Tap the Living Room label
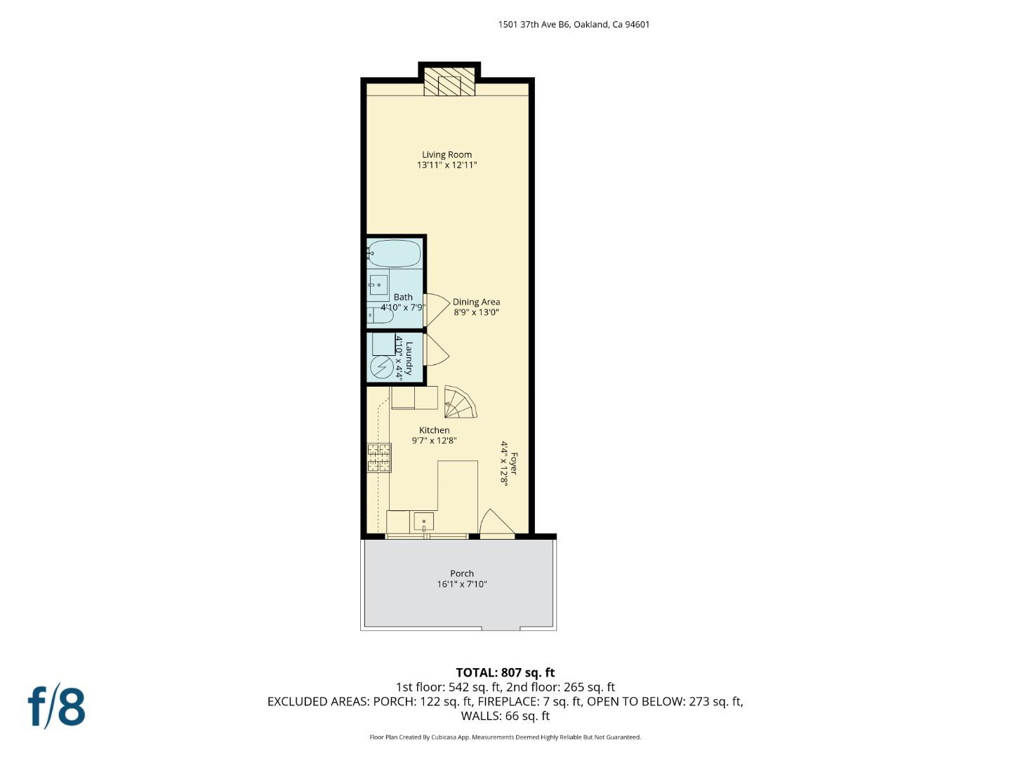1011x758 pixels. click(447, 155)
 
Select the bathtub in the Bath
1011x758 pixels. click(394, 253)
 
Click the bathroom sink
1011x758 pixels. click(378, 285)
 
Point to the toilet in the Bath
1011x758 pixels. click(379, 316)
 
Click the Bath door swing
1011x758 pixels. click(436, 310)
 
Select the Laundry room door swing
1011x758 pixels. click(435, 349)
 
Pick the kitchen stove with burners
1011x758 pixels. click(379, 458)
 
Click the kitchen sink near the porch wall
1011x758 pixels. click(423, 521)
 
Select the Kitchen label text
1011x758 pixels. click(434, 430)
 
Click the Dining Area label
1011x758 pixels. click(476, 302)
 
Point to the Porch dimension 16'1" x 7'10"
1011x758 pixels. click(461, 584)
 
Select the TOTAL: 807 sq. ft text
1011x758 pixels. click(505, 672)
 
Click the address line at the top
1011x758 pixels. click(574, 25)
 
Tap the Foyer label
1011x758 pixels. click(513, 463)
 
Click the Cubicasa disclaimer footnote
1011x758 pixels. click(505, 737)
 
